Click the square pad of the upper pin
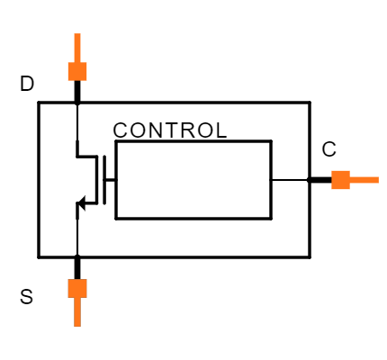tap(77, 71)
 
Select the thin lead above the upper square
tap(77, 48)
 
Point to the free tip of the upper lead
tap(77, 34)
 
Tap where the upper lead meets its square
tap(77, 62)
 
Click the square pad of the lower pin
tap(77, 288)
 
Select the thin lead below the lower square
tap(77, 311)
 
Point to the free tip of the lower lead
tap(77, 326)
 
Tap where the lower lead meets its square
tap(77, 297)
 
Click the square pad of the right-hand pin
tap(340, 180)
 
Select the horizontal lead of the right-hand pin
tap(364, 180)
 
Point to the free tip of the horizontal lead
tap(378, 180)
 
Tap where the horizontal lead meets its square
tap(350, 180)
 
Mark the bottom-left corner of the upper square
tap(68, 80)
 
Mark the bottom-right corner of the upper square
tap(86, 80)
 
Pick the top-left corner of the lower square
tap(68, 279)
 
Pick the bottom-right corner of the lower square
tap(86, 297)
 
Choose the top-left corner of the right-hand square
tap(331, 171)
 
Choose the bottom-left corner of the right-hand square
tap(331, 189)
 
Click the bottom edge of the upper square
tap(77, 80)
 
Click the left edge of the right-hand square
tap(331, 180)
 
